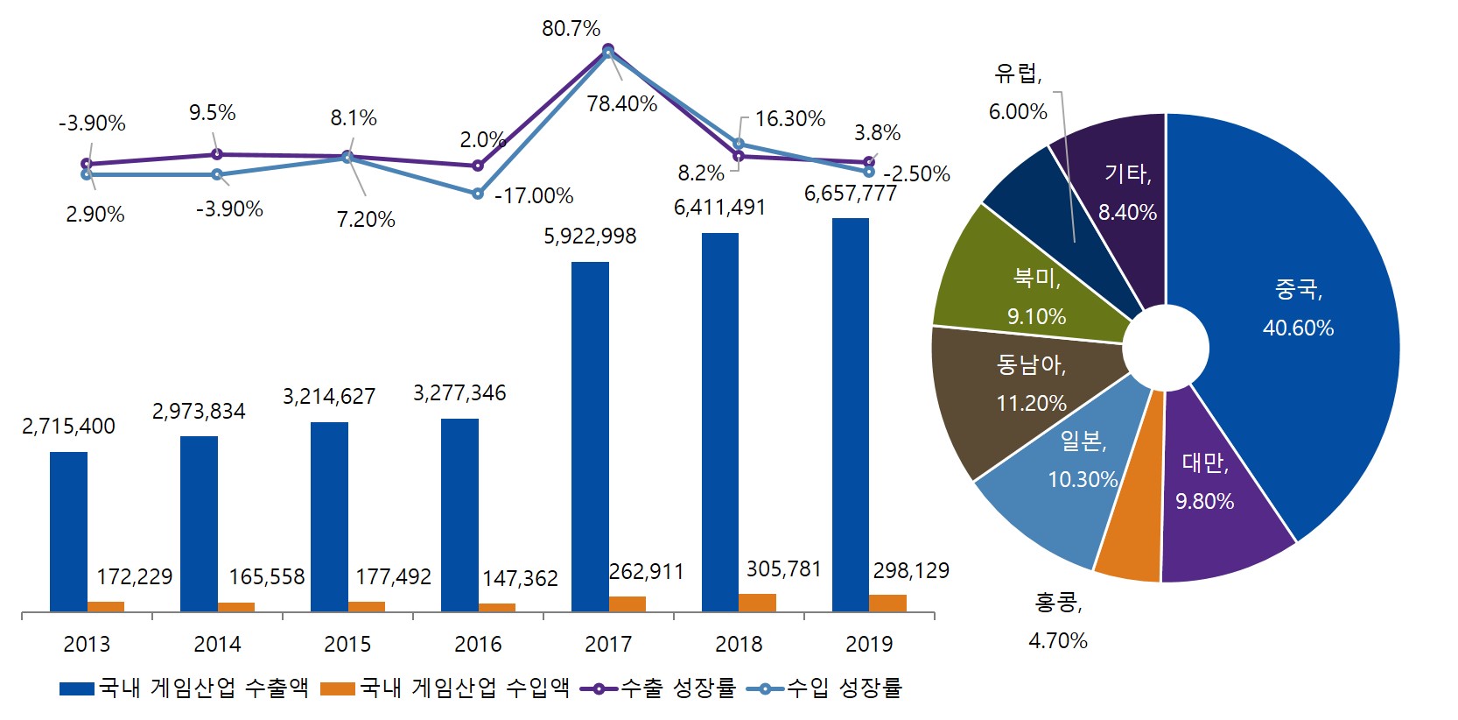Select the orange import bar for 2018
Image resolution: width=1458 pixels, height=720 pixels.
(757, 603)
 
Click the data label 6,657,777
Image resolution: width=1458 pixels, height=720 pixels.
(850, 194)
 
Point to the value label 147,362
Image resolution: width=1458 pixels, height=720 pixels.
(520, 578)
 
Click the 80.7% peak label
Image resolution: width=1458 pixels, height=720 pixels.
(571, 29)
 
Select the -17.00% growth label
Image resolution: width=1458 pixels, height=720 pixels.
(534, 196)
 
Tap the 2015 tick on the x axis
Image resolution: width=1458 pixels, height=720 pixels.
(347, 644)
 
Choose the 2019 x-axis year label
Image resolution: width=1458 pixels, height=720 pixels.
(869, 644)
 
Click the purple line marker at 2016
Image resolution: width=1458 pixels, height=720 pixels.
(478, 166)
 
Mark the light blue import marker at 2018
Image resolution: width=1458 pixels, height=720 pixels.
(738, 144)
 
